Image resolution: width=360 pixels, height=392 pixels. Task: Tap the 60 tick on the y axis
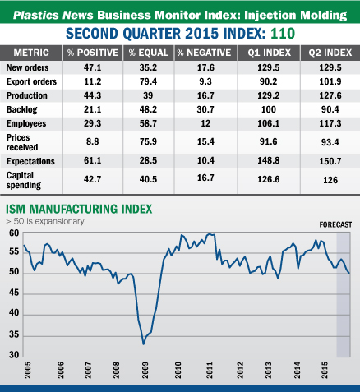[x=13, y=233]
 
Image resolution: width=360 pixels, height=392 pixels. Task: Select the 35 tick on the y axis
[x=13, y=335]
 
